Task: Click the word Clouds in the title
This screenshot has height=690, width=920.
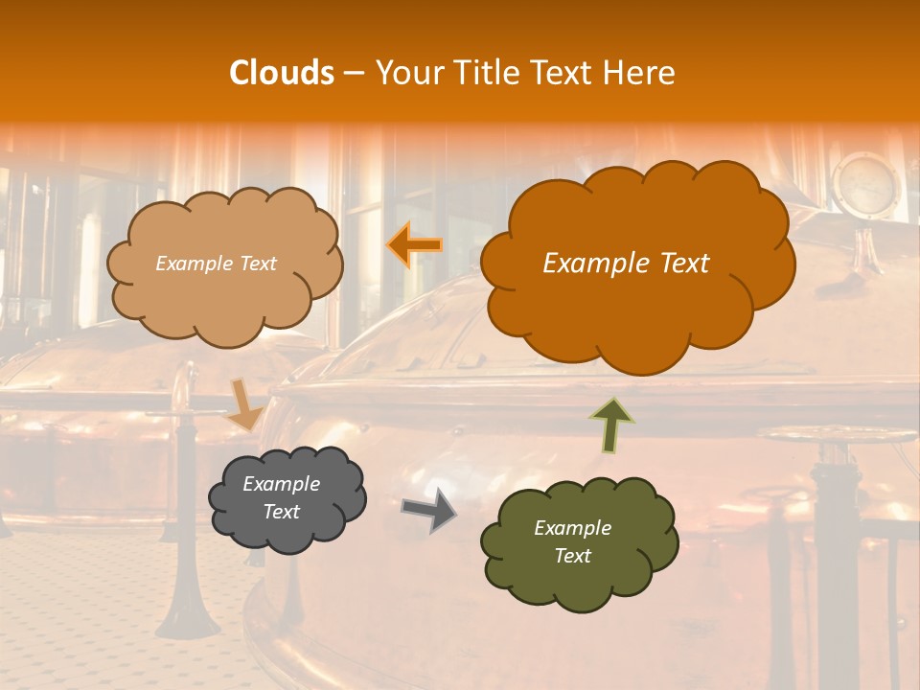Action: point(282,73)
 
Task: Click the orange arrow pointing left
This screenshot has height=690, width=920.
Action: point(415,244)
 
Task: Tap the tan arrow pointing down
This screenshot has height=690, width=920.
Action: point(243,403)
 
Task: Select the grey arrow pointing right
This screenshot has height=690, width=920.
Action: point(428,510)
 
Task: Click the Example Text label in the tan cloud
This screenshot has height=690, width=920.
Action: point(216,264)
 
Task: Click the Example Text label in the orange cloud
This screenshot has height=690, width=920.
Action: point(626,264)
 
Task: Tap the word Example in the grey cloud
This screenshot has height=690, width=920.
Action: point(281,484)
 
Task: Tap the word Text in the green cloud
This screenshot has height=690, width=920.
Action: point(572,556)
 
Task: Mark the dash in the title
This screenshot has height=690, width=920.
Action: point(354,74)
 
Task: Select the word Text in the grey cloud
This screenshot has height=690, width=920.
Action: point(281,512)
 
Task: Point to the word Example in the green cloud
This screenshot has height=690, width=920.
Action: point(572,528)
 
